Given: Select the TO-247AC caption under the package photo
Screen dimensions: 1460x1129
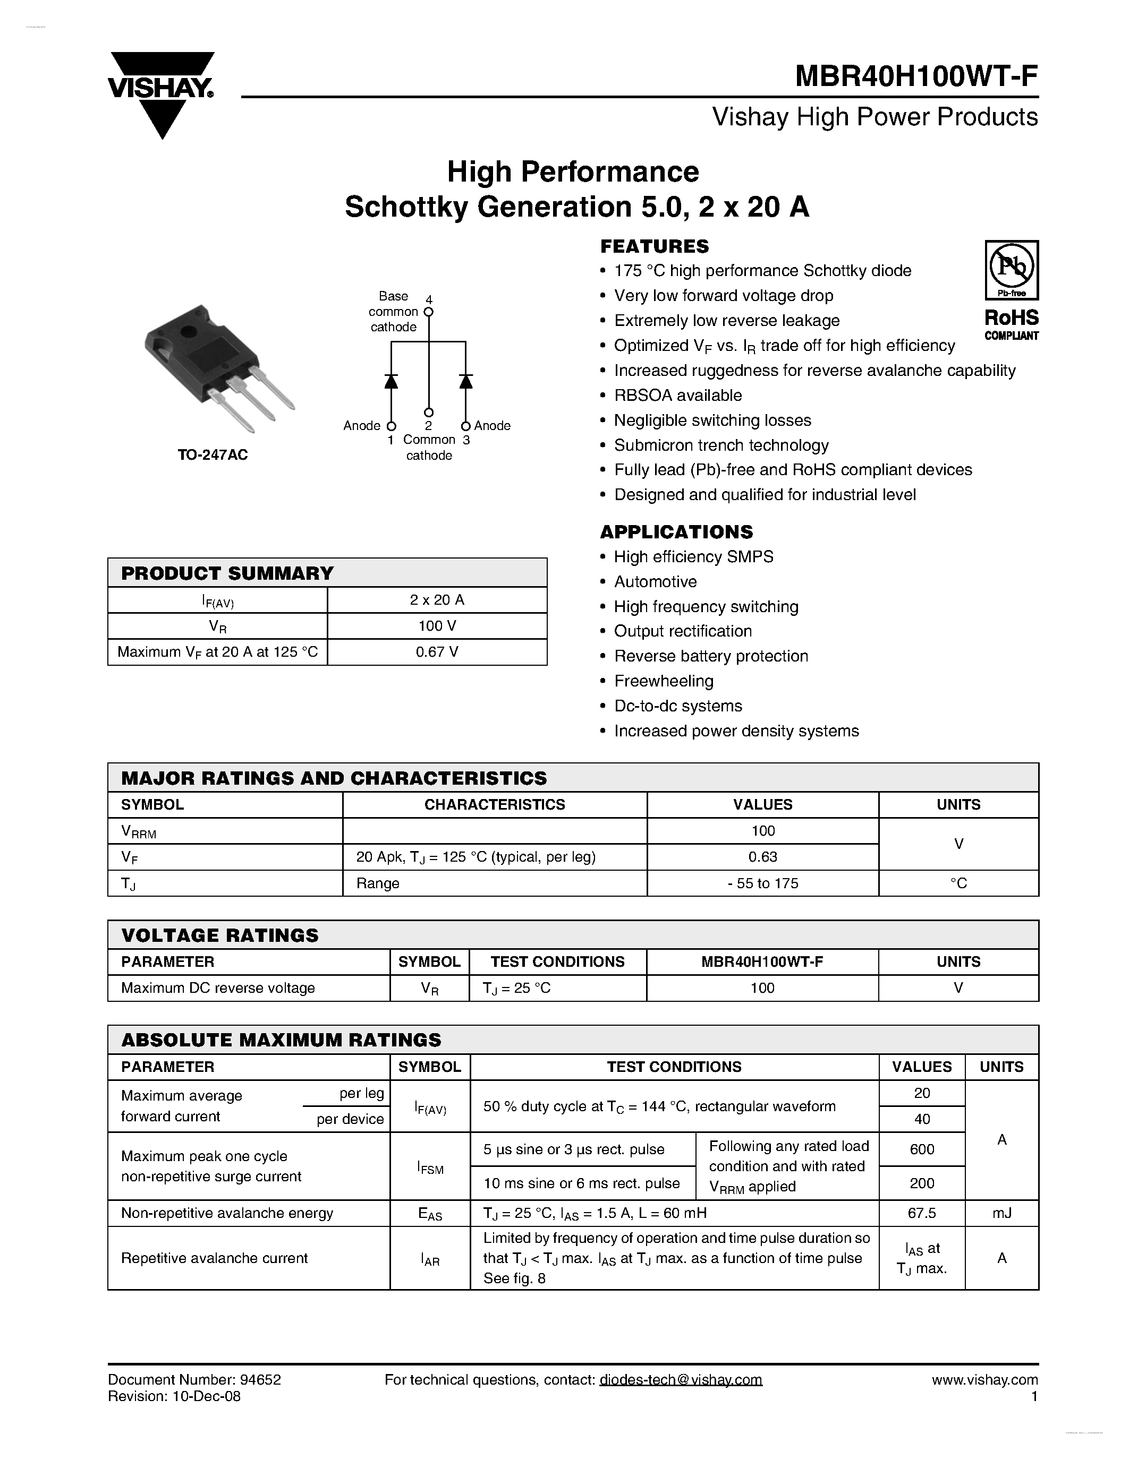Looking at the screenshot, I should click(x=213, y=455).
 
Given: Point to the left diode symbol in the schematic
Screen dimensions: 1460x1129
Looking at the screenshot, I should click(x=391, y=381).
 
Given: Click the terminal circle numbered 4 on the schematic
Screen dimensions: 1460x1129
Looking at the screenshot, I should click(x=429, y=312).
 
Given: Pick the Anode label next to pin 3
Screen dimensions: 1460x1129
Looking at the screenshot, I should click(x=493, y=426).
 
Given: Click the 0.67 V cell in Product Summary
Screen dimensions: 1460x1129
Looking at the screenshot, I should click(x=437, y=652).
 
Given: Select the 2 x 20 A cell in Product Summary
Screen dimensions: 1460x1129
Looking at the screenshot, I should click(x=437, y=599).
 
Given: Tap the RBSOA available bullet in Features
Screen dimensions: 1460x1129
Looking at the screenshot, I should click(x=677, y=395).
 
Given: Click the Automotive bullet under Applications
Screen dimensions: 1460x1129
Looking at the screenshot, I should click(x=655, y=581).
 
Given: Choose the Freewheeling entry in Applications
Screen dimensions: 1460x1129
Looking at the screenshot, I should click(x=664, y=681).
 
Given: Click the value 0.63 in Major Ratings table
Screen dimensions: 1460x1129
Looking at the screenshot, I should click(x=762, y=857).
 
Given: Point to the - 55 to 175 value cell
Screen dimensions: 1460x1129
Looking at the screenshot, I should click(x=762, y=883).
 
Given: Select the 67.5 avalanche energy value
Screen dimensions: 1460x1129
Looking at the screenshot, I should click(x=922, y=1213).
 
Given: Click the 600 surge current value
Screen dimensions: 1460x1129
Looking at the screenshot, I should click(x=922, y=1149).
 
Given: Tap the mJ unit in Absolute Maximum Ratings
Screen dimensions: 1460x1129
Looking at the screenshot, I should click(x=1001, y=1213).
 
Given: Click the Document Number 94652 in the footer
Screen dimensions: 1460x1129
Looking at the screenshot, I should click(x=194, y=1380).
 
